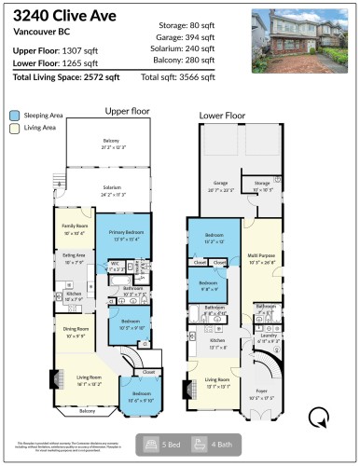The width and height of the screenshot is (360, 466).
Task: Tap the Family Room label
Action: tap(74, 228)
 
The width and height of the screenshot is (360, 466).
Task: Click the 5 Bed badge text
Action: tap(162, 445)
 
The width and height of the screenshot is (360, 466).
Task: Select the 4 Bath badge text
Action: tap(212, 445)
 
